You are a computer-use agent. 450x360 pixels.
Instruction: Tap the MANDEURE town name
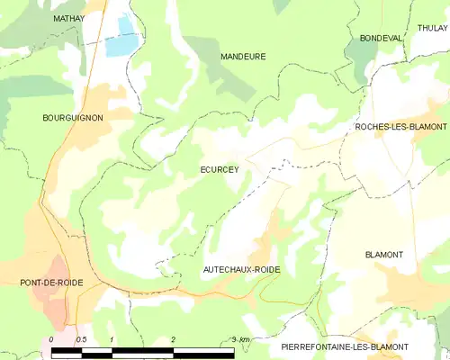[243, 56]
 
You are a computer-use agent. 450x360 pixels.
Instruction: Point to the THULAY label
[432, 28]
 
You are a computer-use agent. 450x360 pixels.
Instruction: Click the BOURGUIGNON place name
[73, 118]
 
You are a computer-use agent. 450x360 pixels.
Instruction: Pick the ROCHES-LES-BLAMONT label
[400, 127]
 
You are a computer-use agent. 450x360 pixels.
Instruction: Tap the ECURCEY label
[219, 168]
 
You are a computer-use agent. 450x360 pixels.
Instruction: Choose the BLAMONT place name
[384, 255]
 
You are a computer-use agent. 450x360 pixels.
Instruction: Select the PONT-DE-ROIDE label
[51, 283]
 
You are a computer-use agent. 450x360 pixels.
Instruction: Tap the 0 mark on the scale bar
[51, 339]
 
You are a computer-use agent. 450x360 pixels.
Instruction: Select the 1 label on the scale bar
[111, 339]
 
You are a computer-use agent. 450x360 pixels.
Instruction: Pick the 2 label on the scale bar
[172, 339]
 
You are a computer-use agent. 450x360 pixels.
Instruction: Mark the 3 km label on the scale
[239, 339]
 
